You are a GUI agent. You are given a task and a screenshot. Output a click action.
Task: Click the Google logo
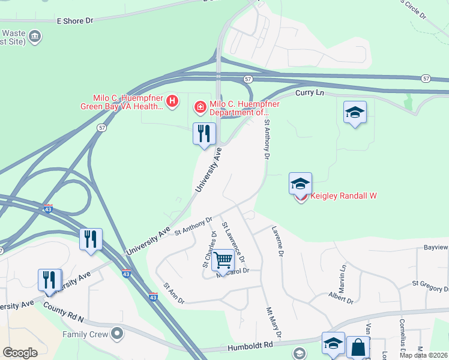pos(20,353)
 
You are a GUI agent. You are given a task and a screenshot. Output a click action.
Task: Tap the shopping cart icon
pos(223,260)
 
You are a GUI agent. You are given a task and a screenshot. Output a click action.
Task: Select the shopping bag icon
pos(358,347)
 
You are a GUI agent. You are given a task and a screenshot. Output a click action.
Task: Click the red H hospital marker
pos(172,101)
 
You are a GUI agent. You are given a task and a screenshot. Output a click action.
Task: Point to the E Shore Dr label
pos(75,20)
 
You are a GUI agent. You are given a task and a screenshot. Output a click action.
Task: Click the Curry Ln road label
pos(310,94)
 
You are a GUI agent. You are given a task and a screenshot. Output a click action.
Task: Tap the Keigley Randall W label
pos(343,196)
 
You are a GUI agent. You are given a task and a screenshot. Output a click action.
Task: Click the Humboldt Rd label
pos(250,346)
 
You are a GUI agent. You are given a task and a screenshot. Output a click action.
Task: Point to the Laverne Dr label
pos(277,240)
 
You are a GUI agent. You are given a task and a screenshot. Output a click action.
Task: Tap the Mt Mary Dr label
pos(273,322)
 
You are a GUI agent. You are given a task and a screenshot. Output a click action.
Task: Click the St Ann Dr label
pos(173,293)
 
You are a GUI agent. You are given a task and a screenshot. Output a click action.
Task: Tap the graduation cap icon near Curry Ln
pos(355,112)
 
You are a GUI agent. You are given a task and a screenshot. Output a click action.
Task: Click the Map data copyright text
pos(424,355)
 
